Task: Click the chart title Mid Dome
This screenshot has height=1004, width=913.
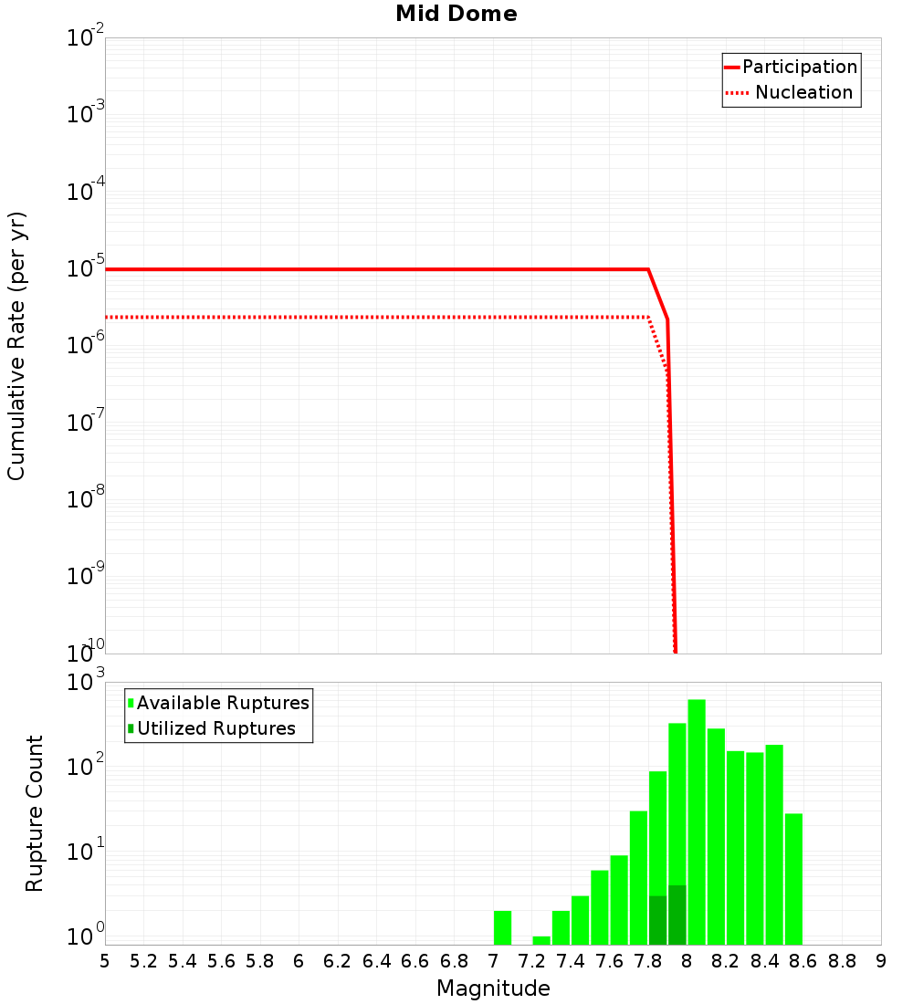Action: point(456,15)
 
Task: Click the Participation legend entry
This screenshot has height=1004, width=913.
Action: point(790,68)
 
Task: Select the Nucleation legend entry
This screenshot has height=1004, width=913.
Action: point(790,93)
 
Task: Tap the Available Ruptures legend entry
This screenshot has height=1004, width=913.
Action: point(219,704)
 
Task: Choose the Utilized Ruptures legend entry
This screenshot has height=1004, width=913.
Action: point(212,729)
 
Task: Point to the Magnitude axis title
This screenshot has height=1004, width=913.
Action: point(493,988)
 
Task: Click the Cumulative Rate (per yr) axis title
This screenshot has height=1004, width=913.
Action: point(17,346)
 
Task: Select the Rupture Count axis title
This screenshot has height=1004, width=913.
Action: point(35,813)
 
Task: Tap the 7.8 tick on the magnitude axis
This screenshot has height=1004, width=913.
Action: point(648,961)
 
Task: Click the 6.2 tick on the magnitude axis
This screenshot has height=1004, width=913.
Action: point(337,961)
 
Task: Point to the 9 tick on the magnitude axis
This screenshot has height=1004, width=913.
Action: point(881,961)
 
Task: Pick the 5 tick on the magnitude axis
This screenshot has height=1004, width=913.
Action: point(105,961)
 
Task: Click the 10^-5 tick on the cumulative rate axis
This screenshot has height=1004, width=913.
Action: point(85,269)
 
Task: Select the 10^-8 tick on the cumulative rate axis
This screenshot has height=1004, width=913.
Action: point(85,499)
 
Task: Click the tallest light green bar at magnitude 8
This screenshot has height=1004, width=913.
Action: point(697,821)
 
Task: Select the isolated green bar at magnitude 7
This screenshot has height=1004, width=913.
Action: point(502,927)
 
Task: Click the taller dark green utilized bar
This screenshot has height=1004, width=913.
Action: point(677,915)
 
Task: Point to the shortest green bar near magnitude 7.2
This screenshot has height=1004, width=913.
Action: point(541,940)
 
